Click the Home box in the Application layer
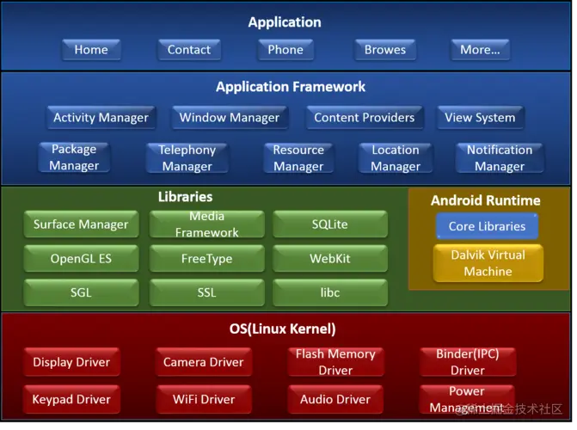(x=91, y=50)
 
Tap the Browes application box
(x=384, y=50)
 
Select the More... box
(x=480, y=50)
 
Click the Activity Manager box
(x=101, y=118)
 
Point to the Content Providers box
(x=364, y=118)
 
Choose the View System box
(x=480, y=118)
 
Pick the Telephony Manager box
(x=187, y=158)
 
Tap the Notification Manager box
(x=500, y=158)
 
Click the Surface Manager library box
(x=81, y=225)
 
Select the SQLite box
(x=330, y=225)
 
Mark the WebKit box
(x=330, y=259)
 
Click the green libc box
(x=330, y=292)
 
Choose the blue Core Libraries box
(x=487, y=227)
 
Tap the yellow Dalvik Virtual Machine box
(x=488, y=263)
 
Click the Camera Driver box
(x=204, y=362)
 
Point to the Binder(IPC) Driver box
(x=468, y=362)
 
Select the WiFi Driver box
(x=204, y=400)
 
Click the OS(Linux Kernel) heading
(x=282, y=329)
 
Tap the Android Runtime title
(x=486, y=201)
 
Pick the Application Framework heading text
(x=291, y=87)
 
